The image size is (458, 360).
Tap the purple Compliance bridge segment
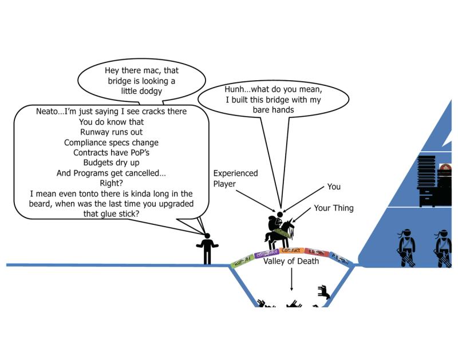[x=266, y=252]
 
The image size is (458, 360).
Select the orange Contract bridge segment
[x=291, y=250]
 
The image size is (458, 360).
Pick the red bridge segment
[x=316, y=252]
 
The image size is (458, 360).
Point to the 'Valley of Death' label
[x=291, y=262]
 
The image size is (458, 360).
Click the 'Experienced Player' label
[x=235, y=178]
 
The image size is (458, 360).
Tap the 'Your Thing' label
[x=333, y=208]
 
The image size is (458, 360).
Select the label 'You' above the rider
[x=333, y=187]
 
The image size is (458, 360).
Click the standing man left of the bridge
[x=207, y=248]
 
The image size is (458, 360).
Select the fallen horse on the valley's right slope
[x=324, y=292]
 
